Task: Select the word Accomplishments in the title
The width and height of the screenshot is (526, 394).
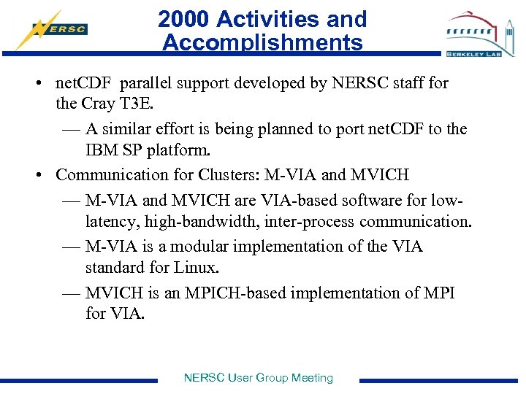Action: (262, 43)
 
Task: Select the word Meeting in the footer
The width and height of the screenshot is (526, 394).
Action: (312, 378)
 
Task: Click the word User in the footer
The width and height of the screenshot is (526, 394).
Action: (240, 378)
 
